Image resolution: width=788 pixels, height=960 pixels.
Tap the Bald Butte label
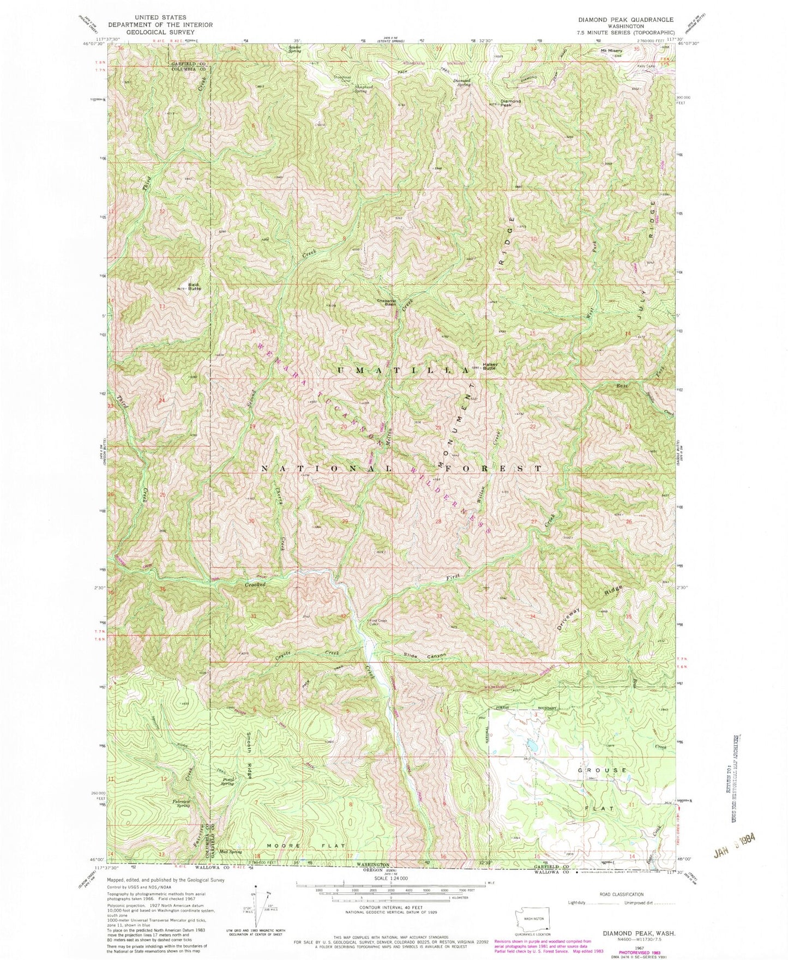pyautogui.click(x=195, y=286)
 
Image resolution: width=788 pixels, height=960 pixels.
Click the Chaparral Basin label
pyautogui.click(x=385, y=303)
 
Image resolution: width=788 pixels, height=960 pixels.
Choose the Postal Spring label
pyautogui.click(x=228, y=782)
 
